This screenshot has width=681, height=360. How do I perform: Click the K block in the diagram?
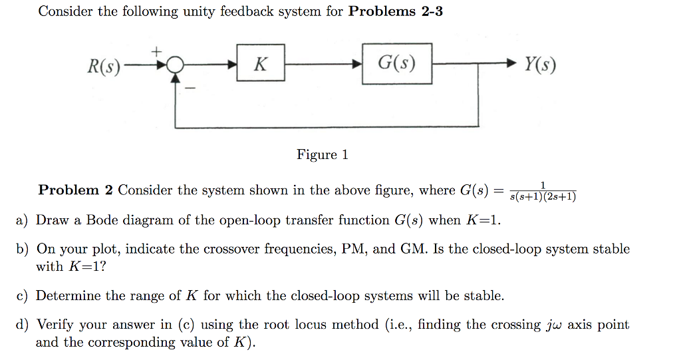pyautogui.click(x=261, y=65)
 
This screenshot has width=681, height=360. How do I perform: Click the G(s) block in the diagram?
pyautogui.click(x=396, y=64)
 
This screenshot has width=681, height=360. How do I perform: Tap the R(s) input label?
pyautogui.click(x=104, y=66)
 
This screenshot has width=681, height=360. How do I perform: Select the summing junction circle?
pyautogui.click(x=176, y=65)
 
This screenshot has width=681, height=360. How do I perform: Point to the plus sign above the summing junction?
pyautogui.click(x=157, y=51)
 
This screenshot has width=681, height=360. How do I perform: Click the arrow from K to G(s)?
pyautogui.click(x=323, y=65)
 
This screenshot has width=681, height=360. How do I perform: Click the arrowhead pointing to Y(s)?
pyautogui.click(x=510, y=65)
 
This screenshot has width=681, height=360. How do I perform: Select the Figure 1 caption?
pyautogui.click(x=322, y=155)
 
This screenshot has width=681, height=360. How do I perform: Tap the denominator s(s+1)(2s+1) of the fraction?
pyautogui.click(x=541, y=197)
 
